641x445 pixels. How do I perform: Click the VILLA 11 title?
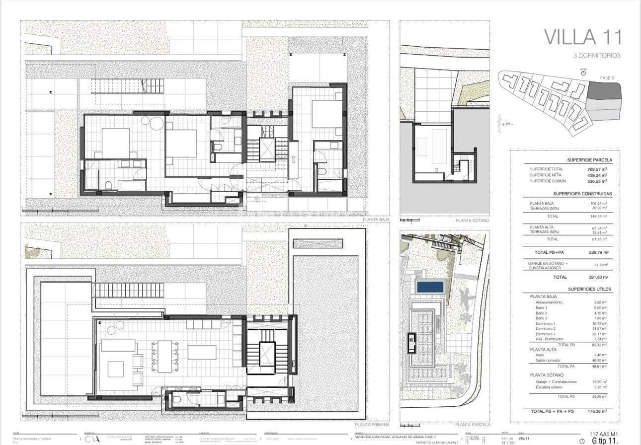tap(582, 37)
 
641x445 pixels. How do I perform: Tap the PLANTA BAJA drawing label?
tap(376, 219)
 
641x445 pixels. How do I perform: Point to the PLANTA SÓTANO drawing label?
tap(473, 220)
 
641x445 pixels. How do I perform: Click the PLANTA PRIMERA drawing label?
tap(372, 425)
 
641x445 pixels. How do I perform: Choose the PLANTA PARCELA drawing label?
tap(473, 425)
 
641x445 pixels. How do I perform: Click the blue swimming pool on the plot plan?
tap(430, 287)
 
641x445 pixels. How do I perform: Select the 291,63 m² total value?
tap(598, 277)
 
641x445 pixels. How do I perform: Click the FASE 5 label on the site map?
tap(607, 78)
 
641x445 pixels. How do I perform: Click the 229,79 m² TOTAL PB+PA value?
tap(598, 252)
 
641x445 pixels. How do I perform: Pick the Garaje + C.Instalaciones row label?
tap(556, 381)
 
